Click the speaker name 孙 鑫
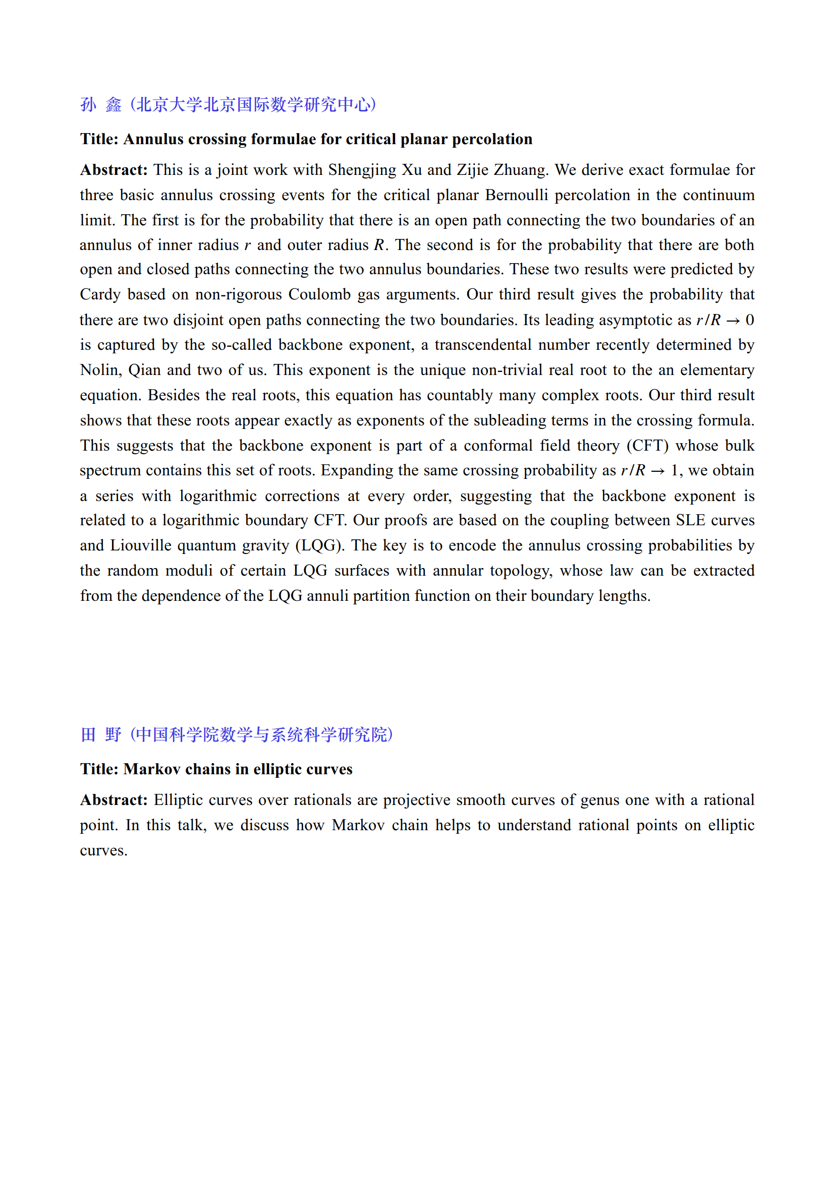pos(101,105)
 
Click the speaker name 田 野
pos(101,734)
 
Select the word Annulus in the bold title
pos(153,139)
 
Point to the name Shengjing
pos(362,170)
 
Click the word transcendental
pos(483,345)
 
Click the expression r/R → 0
pos(725,320)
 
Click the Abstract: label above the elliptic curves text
pos(114,800)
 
